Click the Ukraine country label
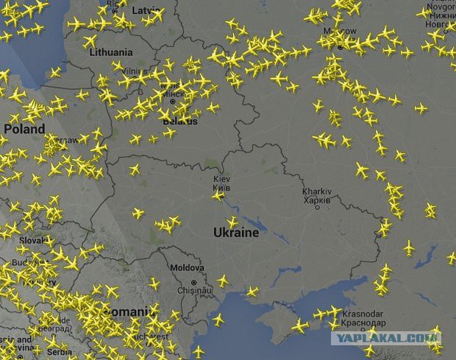pyautogui.click(x=235, y=233)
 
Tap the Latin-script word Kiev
pyautogui.click(x=221, y=179)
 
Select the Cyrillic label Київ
pyautogui.click(x=221, y=188)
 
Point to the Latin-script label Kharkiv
pyautogui.click(x=317, y=191)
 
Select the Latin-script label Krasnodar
pyautogui.click(x=360, y=314)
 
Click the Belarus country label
pyautogui.click(x=179, y=119)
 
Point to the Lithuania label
pyautogui.click(x=110, y=53)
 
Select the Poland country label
pyautogui.click(x=24, y=129)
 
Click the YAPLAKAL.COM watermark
pyautogui.click(x=385, y=338)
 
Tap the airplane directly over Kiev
pyautogui.click(x=218, y=195)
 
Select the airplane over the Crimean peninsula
pyautogui.click(x=299, y=325)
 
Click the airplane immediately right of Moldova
pyautogui.click(x=223, y=280)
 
